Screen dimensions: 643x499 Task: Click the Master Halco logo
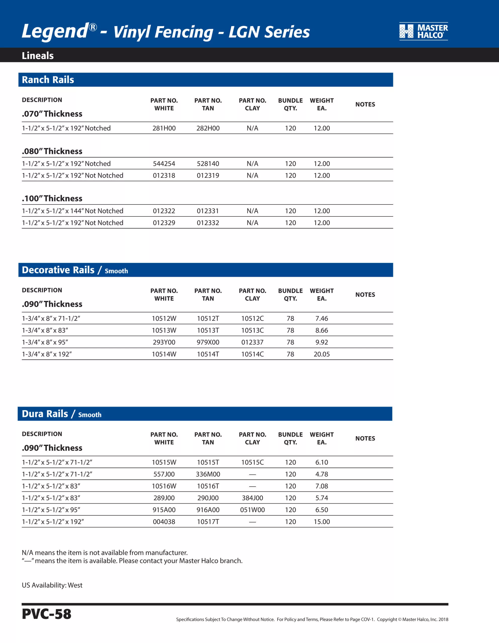click(x=423, y=31)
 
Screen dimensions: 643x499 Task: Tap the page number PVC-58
click(x=47, y=614)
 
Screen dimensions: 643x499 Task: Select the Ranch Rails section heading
click(x=48, y=80)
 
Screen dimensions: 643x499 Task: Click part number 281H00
click(x=164, y=128)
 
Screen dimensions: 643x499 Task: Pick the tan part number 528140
click(x=208, y=164)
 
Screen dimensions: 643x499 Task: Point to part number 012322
click(x=164, y=211)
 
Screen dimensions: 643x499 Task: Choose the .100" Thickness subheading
click(x=52, y=198)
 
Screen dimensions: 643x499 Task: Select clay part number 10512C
click(x=252, y=318)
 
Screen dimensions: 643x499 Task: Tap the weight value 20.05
click(x=322, y=354)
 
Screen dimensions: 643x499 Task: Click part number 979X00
click(x=208, y=342)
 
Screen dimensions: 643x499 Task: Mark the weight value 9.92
click(x=322, y=342)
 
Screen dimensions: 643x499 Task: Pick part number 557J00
click(x=164, y=474)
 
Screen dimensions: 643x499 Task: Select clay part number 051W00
click(x=252, y=510)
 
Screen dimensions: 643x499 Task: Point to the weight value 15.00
click(x=322, y=522)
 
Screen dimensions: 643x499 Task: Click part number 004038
click(x=164, y=522)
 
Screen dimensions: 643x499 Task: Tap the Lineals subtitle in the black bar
click(x=38, y=56)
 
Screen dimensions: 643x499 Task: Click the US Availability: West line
click(x=52, y=585)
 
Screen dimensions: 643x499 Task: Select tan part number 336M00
click(x=208, y=474)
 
